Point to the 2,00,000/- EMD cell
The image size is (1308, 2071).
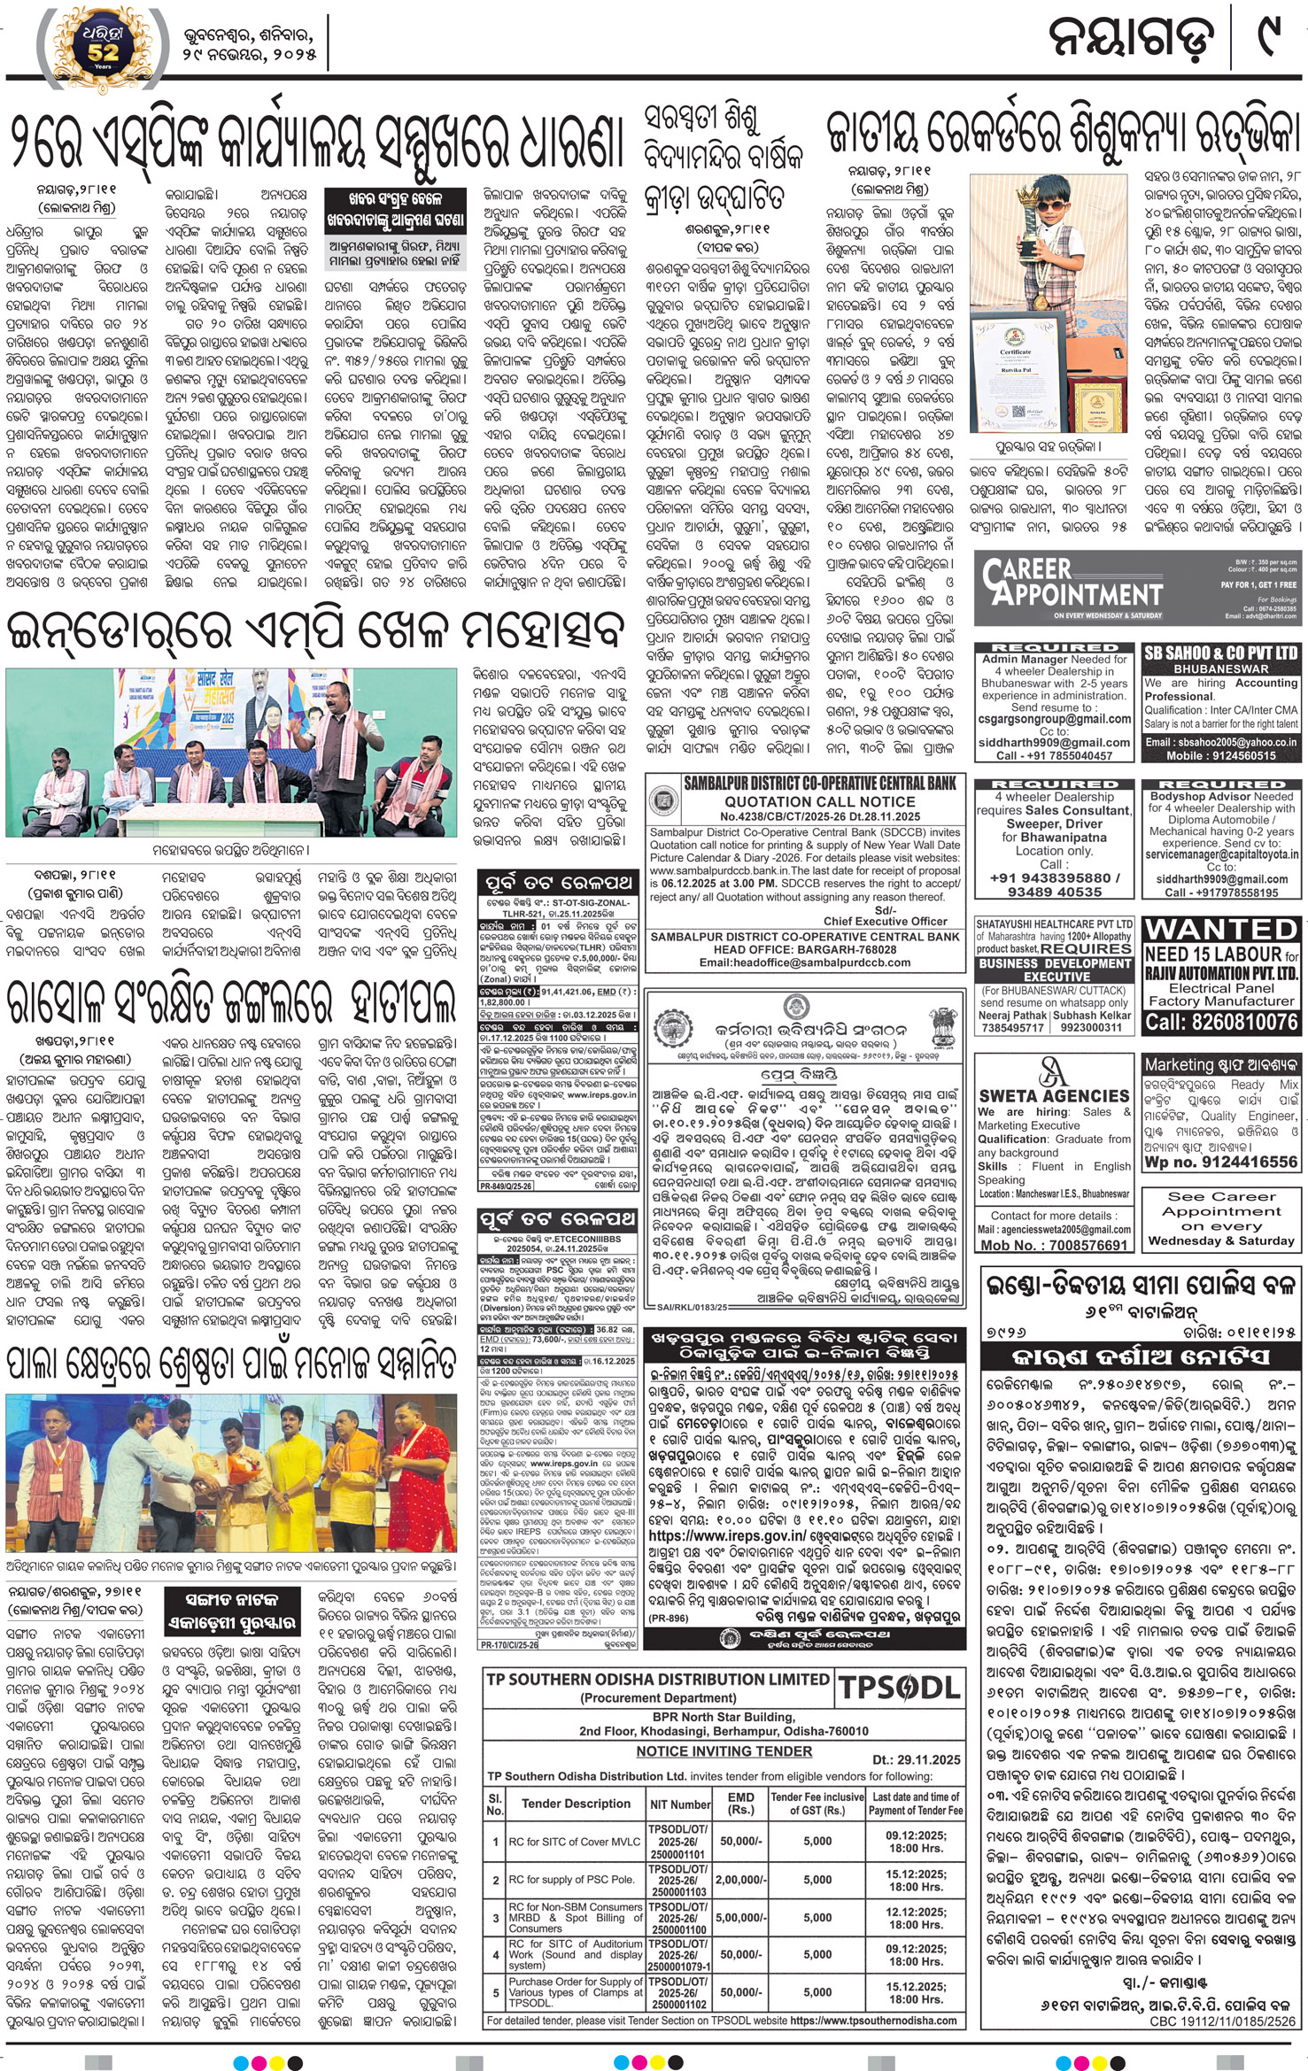pyautogui.click(x=740, y=1879)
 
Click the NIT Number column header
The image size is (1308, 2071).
pyautogui.click(x=680, y=1804)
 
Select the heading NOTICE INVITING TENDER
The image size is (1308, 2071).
pyautogui.click(x=724, y=1750)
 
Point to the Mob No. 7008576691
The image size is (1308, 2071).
pyautogui.click(x=1053, y=1244)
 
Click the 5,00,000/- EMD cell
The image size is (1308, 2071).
pyautogui.click(x=740, y=1917)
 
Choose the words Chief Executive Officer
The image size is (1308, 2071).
pyautogui.click(x=885, y=921)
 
